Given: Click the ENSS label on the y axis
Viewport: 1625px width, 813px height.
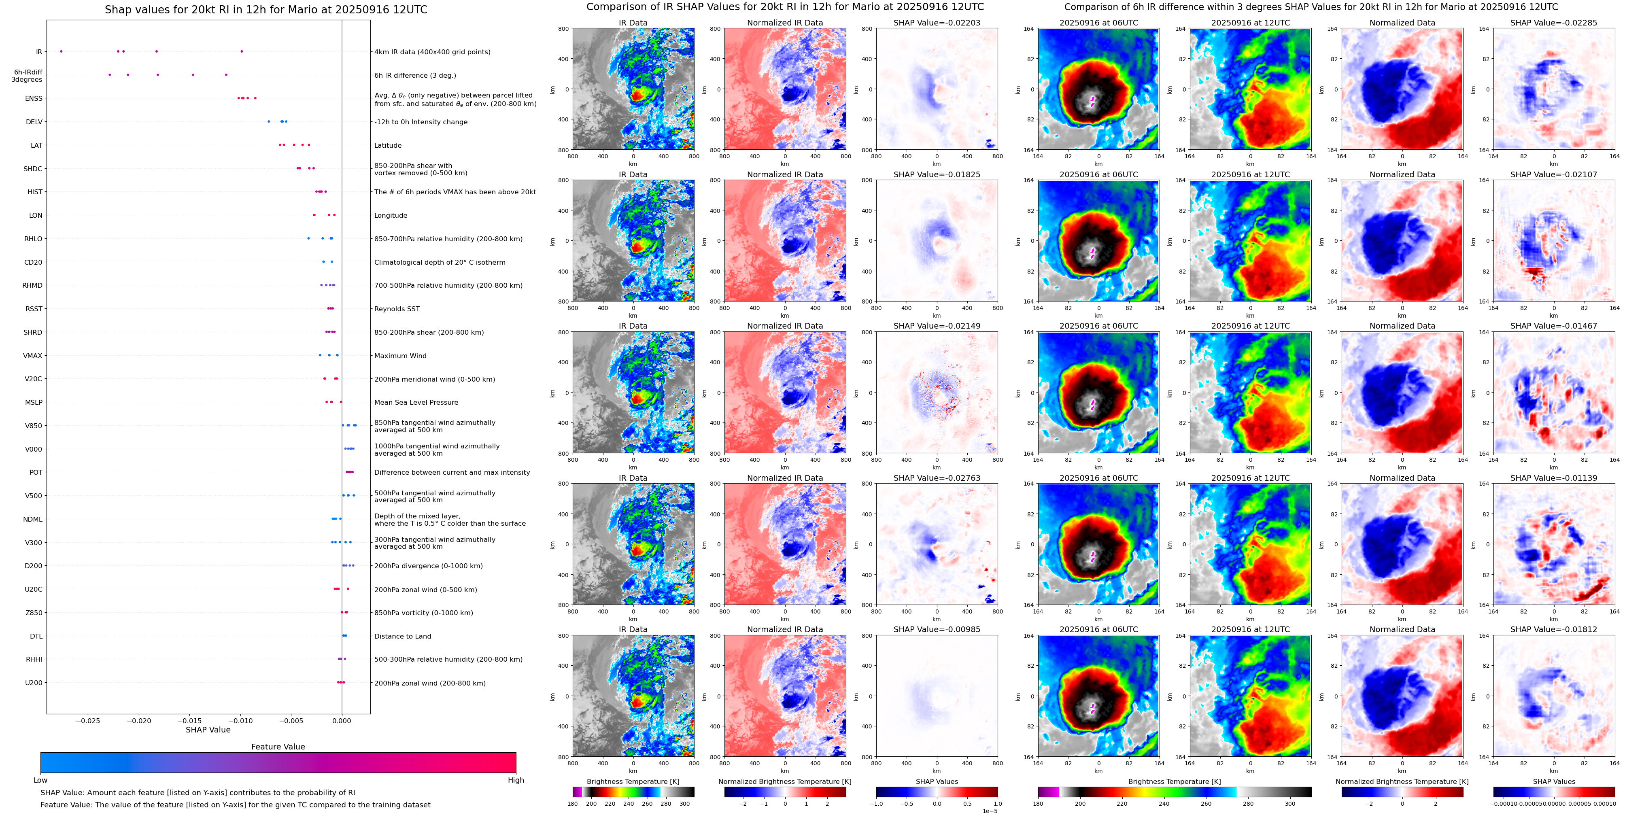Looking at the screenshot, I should (x=34, y=98).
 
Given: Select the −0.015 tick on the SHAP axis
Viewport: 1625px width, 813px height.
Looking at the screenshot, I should (x=189, y=720).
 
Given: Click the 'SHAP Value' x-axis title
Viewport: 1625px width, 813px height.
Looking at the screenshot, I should (x=208, y=730).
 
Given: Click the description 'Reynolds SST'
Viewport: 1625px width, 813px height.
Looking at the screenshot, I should (x=396, y=309).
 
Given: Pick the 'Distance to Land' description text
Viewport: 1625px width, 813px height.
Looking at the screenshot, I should (x=402, y=637).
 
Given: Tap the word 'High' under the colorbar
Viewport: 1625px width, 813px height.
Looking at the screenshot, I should (x=515, y=780).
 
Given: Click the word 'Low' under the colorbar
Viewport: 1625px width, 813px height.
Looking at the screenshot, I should (x=40, y=780).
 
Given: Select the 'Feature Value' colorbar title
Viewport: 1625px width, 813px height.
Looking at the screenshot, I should (x=278, y=747).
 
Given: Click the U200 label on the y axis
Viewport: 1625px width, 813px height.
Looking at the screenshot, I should (x=34, y=682).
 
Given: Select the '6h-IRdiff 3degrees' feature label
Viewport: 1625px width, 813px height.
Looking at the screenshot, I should (x=27, y=76).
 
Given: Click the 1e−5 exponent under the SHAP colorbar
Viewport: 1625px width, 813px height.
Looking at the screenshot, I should (x=989, y=811).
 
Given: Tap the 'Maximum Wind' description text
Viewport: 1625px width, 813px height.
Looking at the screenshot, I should (x=400, y=356).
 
